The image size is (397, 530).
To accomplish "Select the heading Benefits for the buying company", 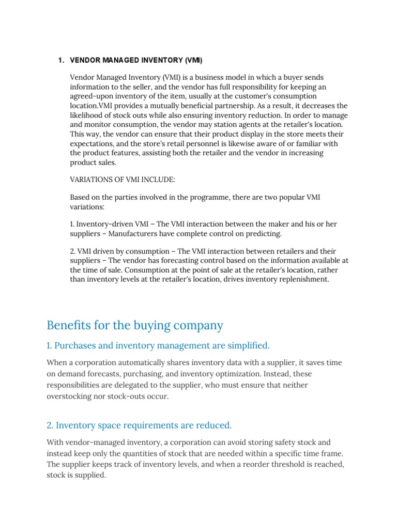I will coord(135,325).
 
